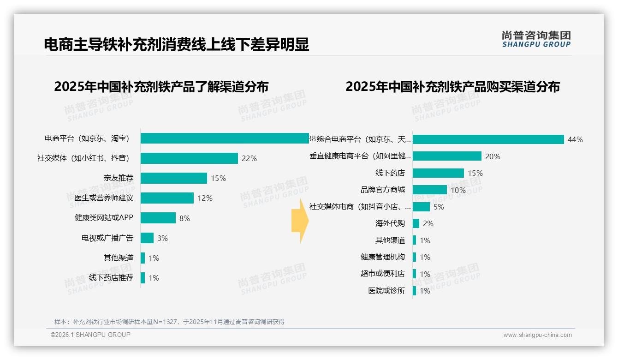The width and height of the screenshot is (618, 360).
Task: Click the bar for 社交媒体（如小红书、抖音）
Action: click(189, 158)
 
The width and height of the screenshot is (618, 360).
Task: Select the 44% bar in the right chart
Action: click(488, 139)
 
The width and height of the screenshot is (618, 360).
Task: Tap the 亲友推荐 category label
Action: click(119, 178)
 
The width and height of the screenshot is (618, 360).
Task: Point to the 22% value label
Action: click(249, 158)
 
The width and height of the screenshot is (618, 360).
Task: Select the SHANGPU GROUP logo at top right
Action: click(536, 39)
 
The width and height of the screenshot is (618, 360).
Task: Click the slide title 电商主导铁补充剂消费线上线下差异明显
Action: click(176, 44)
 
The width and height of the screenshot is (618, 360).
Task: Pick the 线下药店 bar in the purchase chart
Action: click(438, 173)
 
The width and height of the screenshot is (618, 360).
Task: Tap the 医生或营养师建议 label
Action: click(104, 198)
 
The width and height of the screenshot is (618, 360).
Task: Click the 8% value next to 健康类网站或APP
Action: click(184, 218)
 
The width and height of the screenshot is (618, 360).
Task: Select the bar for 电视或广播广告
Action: click(147, 238)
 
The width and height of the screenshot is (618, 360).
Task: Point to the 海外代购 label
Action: click(390, 223)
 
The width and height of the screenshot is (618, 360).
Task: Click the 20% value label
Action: click(492, 156)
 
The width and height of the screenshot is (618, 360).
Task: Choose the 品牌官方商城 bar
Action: click(429, 190)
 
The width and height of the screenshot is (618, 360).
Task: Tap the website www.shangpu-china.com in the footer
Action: click(537, 335)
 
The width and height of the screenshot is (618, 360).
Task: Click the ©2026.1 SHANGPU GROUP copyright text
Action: click(90, 335)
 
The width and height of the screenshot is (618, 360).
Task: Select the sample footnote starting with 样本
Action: click(169, 322)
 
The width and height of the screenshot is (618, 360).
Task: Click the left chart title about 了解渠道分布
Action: click(161, 87)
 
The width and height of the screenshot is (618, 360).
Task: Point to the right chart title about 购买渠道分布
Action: click(452, 87)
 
